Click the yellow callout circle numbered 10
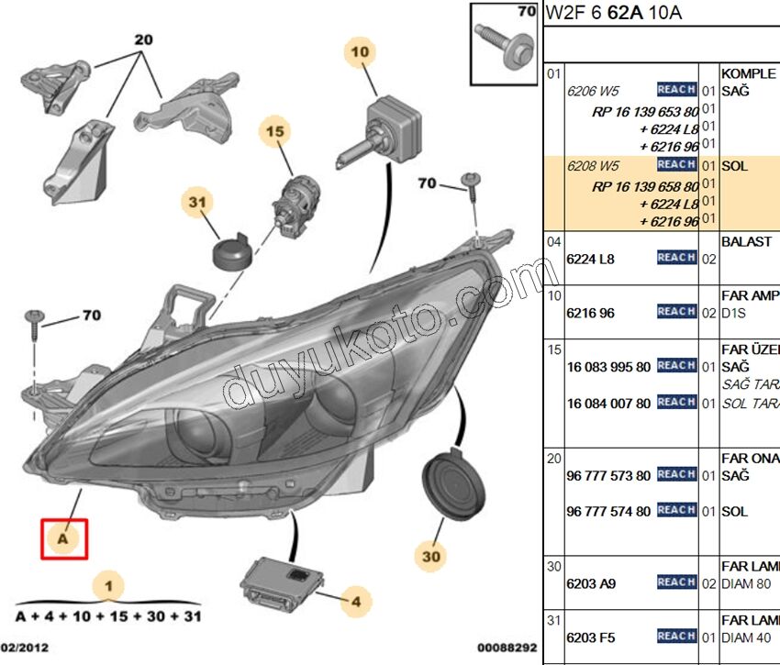click(x=360, y=52)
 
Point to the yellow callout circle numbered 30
click(x=431, y=555)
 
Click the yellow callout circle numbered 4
click(x=355, y=602)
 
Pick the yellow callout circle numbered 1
click(x=108, y=585)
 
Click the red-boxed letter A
click(x=63, y=539)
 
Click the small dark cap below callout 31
click(x=233, y=250)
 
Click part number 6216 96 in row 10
click(x=590, y=313)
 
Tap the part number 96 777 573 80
click(x=608, y=476)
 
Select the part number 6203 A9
click(x=591, y=582)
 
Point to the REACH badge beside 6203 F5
click(x=676, y=636)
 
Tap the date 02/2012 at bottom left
click(x=25, y=648)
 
